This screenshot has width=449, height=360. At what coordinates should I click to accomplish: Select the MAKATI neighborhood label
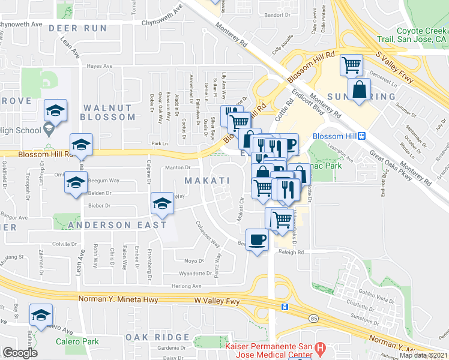pyautogui.click(x=207, y=181)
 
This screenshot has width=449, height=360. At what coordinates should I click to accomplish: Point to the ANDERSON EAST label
pyautogui.click(x=116, y=225)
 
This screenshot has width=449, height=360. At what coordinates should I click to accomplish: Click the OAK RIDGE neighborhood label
pyautogui.click(x=158, y=337)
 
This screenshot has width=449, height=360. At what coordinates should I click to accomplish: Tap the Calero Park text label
pyautogui.click(x=76, y=342)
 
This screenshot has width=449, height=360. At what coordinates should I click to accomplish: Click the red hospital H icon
pyautogui.click(x=320, y=347)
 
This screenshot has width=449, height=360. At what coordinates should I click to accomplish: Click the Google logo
pyautogui.click(x=19, y=353)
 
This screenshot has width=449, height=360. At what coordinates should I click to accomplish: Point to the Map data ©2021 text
pyautogui.click(x=423, y=355)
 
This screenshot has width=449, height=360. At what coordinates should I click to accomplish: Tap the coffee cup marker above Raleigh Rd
pyautogui.click(x=258, y=240)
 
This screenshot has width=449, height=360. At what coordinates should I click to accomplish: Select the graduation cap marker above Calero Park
pyautogui.click(x=41, y=315)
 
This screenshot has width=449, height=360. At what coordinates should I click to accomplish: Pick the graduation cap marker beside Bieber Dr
pyautogui.click(x=161, y=205)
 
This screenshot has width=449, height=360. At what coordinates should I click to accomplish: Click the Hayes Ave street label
pyautogui.click(x=100, y=67)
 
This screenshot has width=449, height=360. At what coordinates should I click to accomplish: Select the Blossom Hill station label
pyautogui.click(x=334, y=136)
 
